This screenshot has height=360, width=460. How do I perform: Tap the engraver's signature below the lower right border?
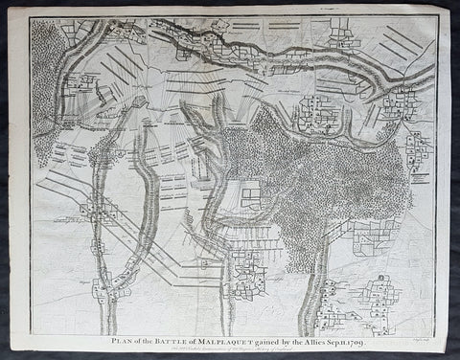pos(425,338)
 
